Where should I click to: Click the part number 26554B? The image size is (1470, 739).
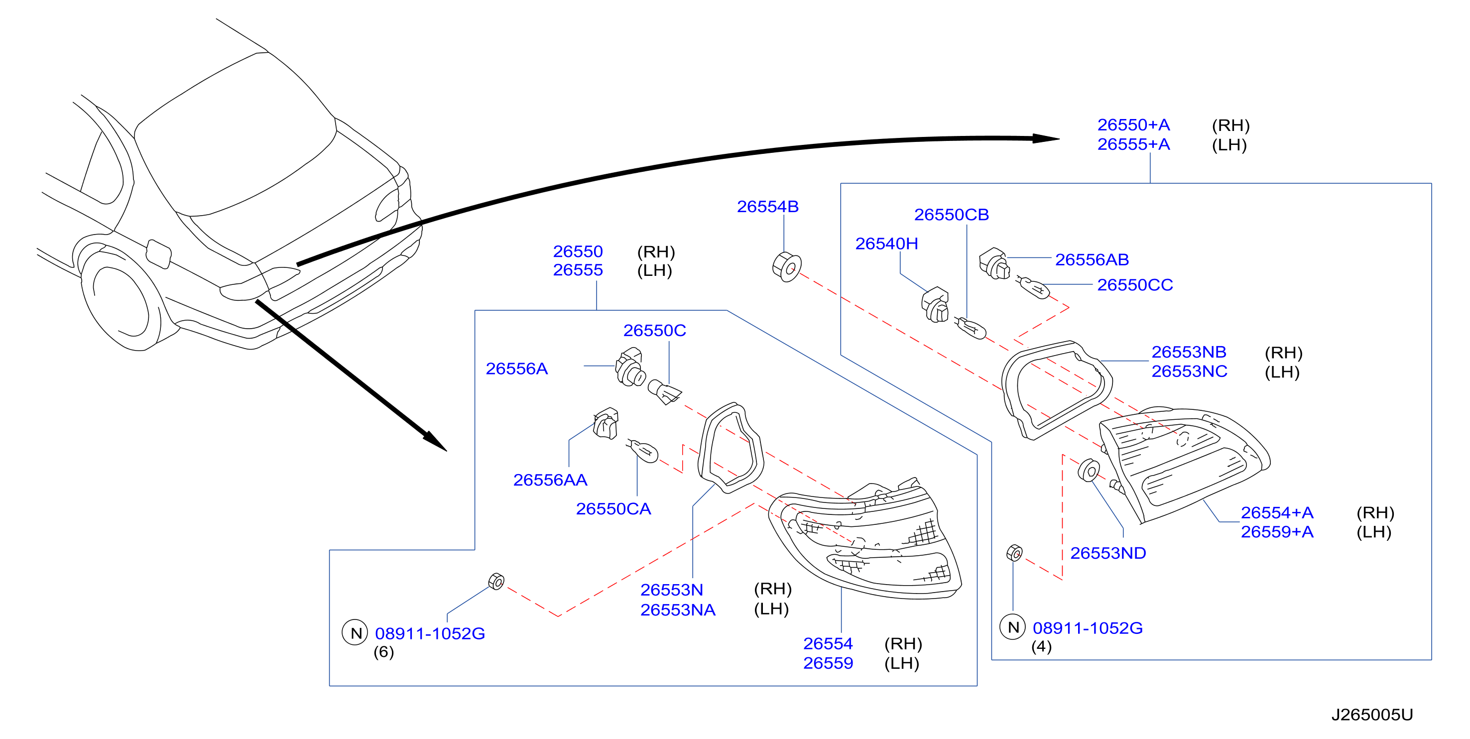tap(767, 207)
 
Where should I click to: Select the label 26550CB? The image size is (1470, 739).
tap(951, 215)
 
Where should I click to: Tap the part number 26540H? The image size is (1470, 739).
tap(886, 244)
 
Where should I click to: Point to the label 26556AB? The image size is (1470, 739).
tap(1092, 259)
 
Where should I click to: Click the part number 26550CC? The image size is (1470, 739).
tap(1135, 285)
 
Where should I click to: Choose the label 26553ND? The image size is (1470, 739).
tap(1108, 553)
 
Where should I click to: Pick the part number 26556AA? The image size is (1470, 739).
tap(550, 480)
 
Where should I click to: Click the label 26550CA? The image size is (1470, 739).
tap(613, 508)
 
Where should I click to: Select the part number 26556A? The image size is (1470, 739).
tap(516, 369)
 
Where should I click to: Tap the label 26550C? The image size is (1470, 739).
tap(654, 331)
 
